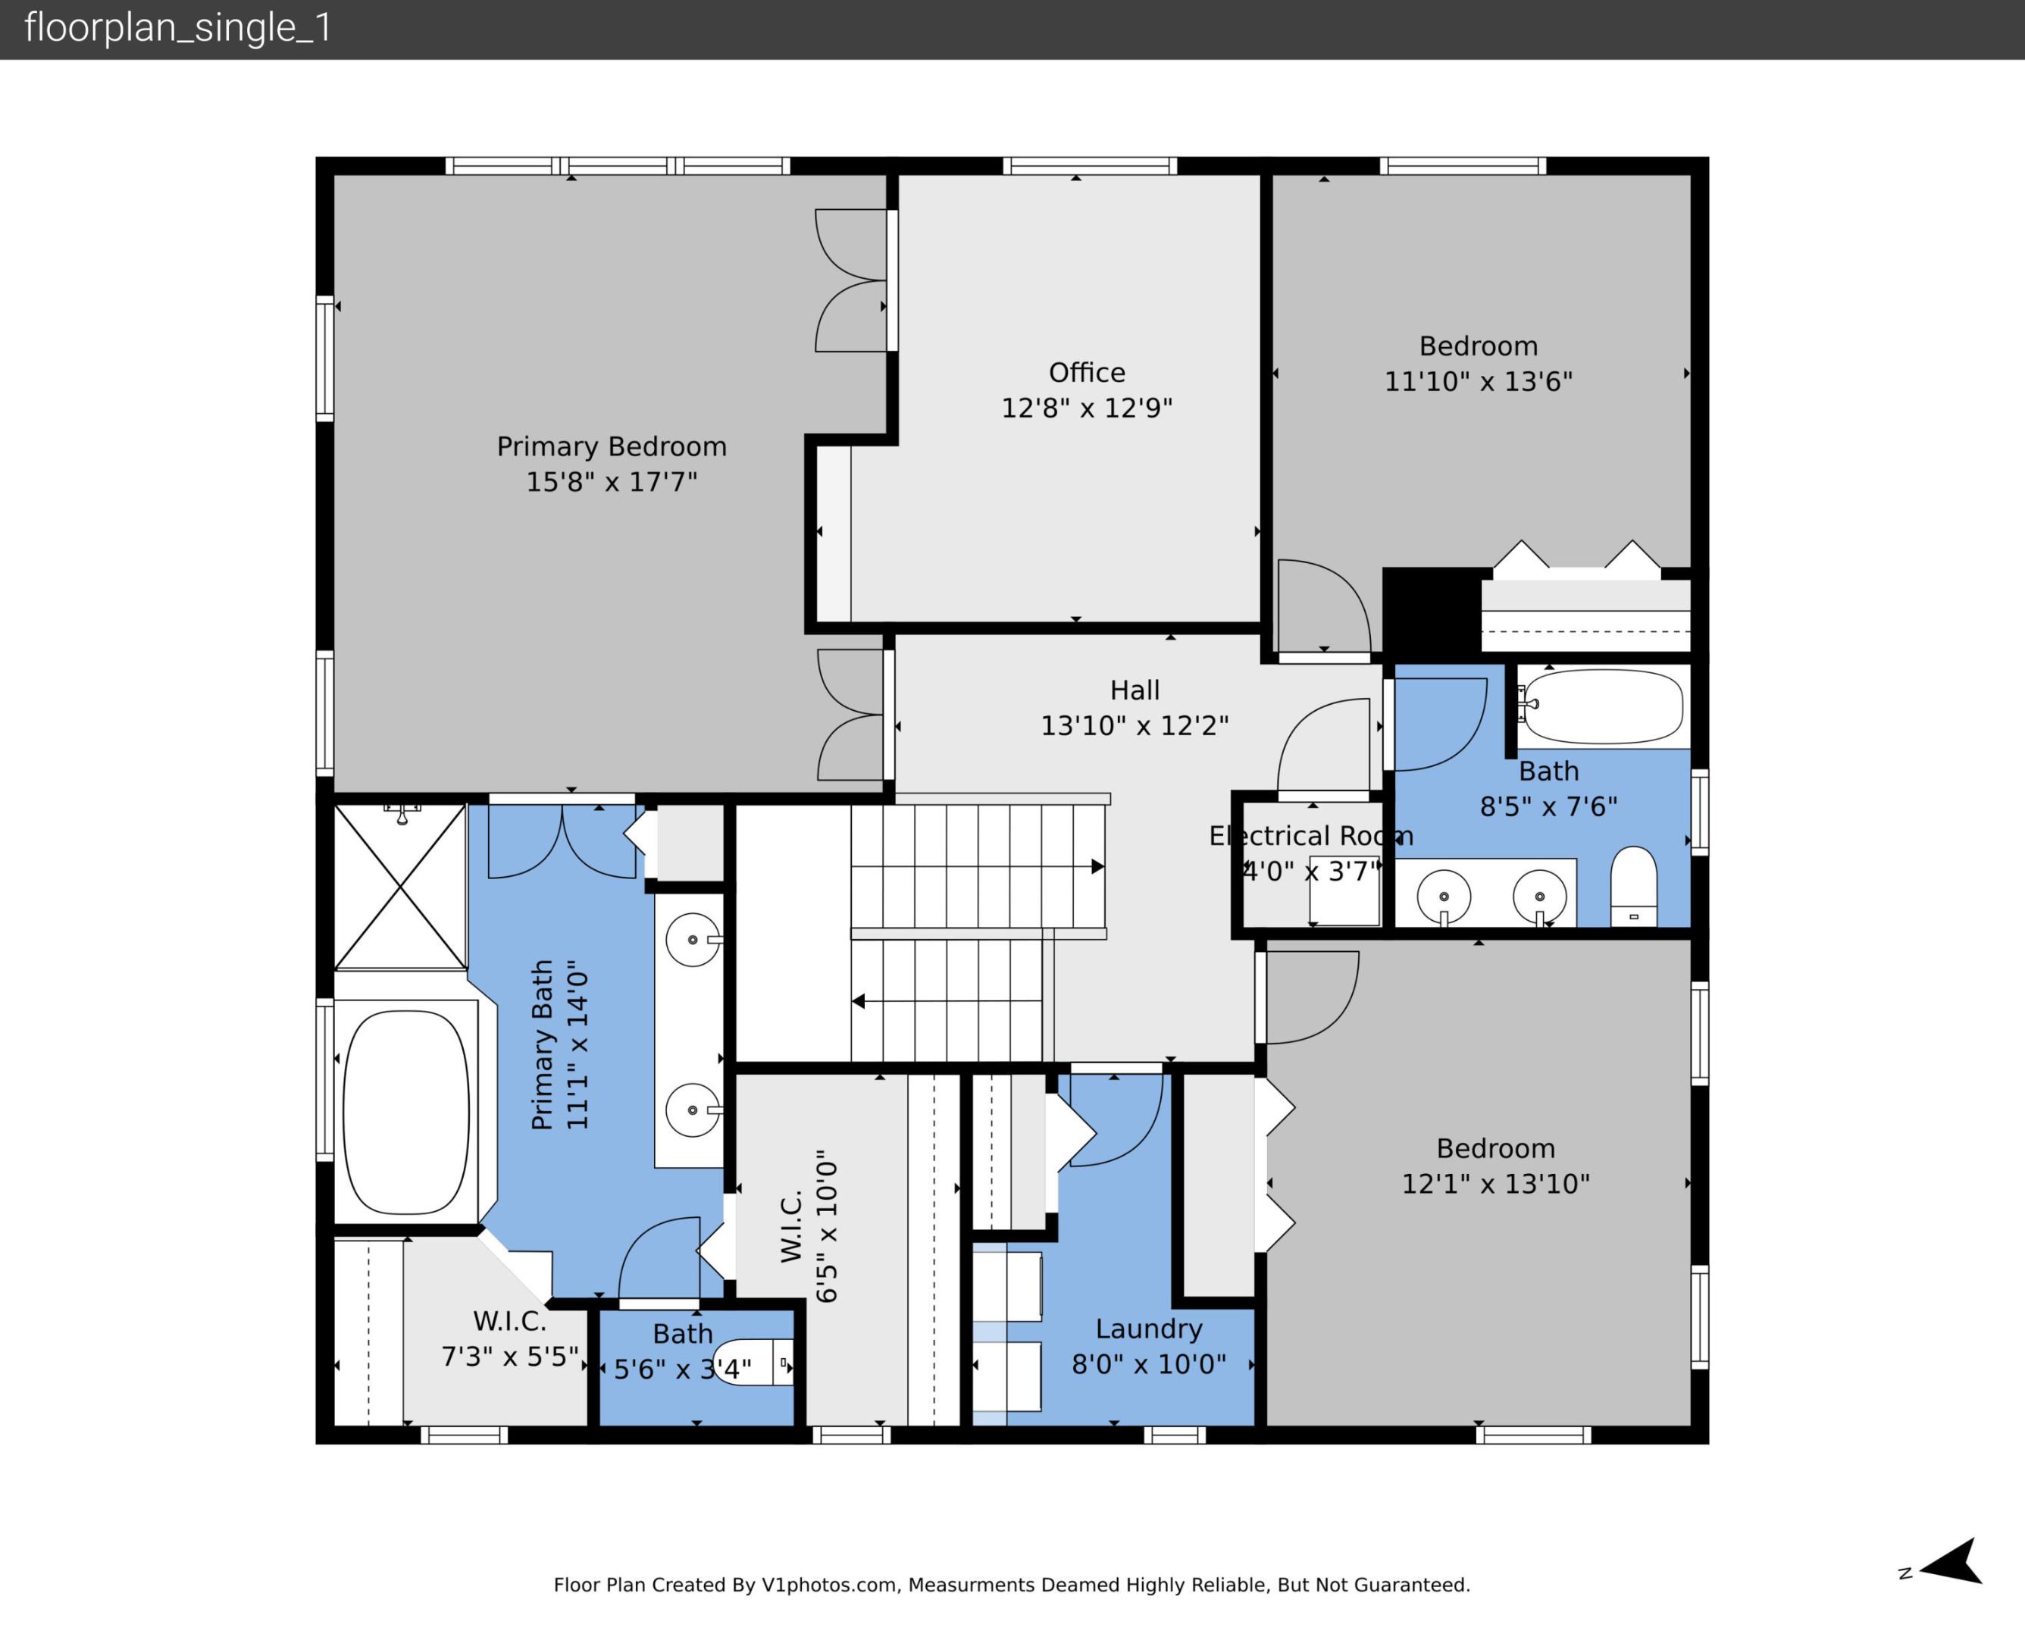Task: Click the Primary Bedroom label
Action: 611,446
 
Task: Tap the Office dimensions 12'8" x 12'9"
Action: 1086,408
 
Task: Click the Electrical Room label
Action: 1310,835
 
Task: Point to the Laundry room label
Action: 1148,1329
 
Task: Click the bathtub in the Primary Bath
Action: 405,1112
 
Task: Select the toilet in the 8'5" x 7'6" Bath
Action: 1634,887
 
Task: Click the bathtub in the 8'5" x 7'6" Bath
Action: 1603,706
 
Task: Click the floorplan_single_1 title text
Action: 178,28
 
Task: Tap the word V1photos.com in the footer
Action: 828,1585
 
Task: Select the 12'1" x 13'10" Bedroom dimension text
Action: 1495,1185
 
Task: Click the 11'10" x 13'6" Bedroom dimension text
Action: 1479,382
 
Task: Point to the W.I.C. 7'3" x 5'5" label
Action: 510,1339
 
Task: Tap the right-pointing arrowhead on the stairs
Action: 1097,865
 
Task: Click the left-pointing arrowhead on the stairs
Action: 858,1000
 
